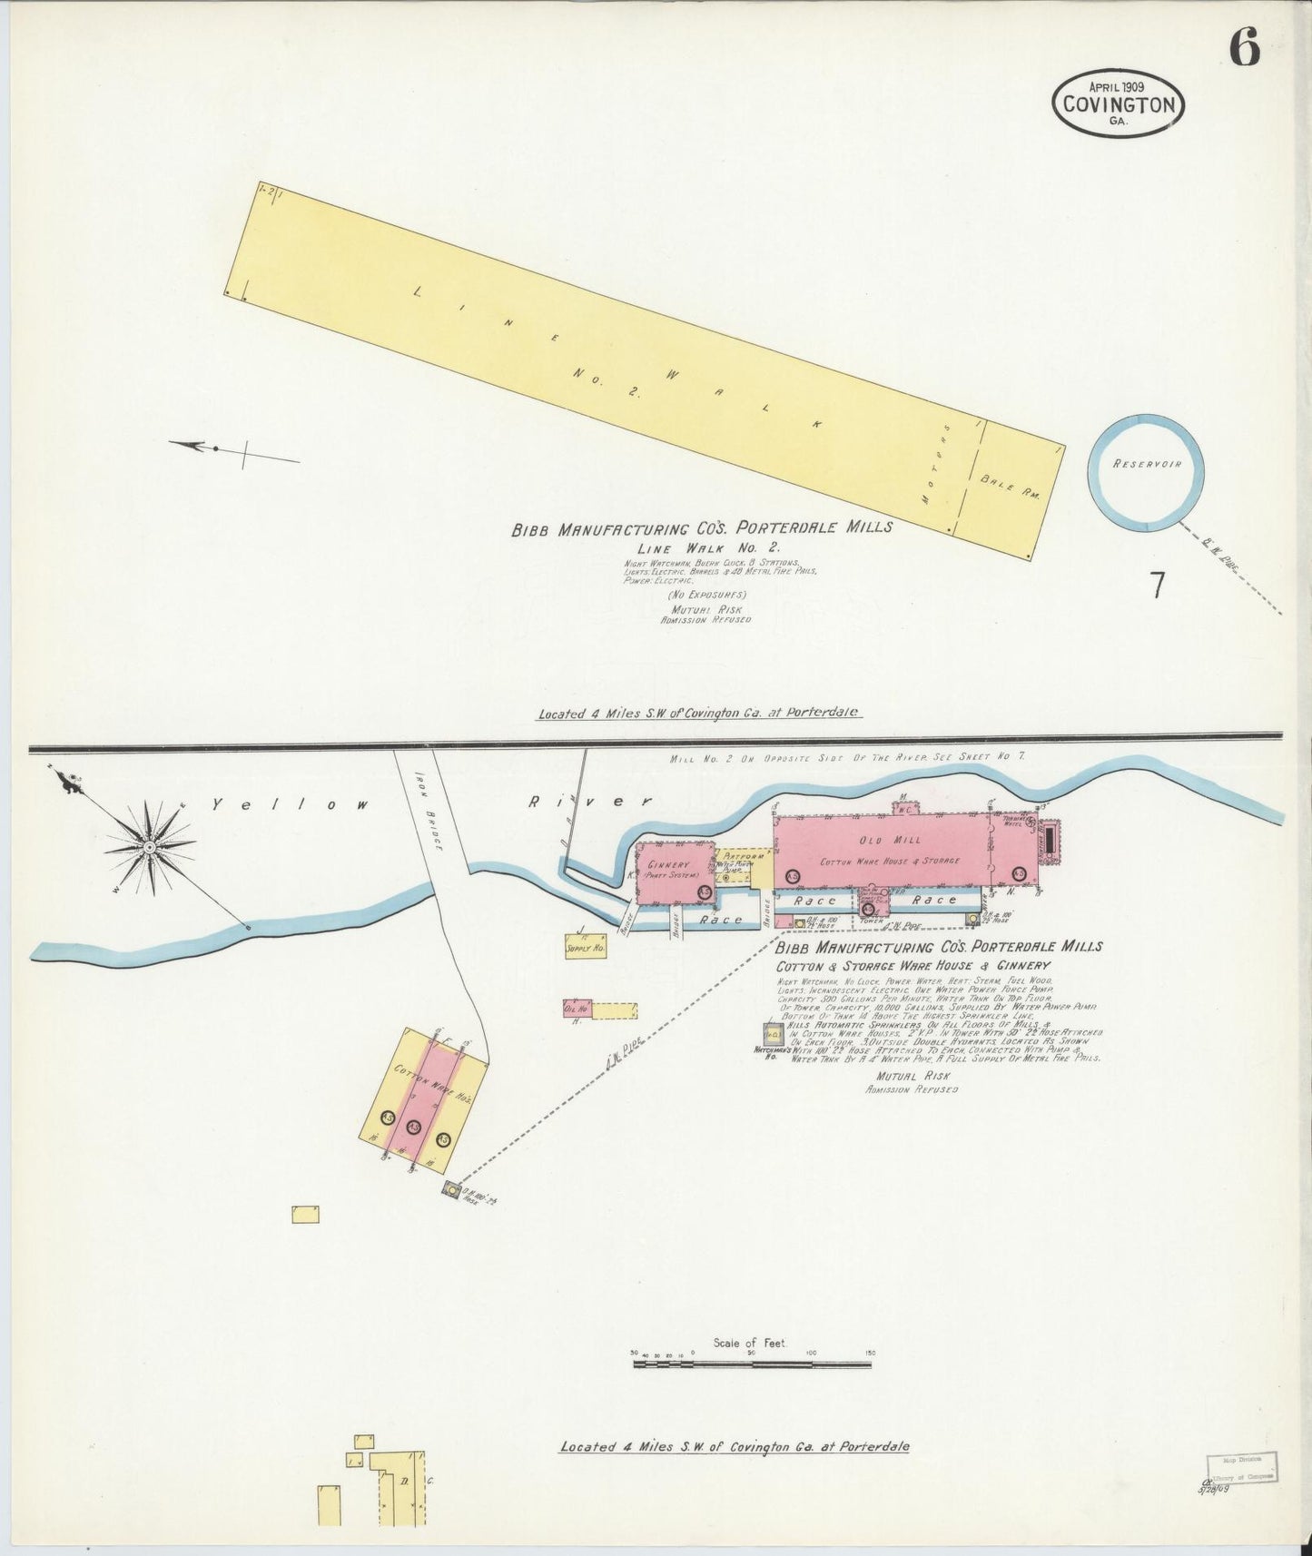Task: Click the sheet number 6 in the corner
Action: click(x=1244, y=48)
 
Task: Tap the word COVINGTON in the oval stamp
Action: click(x=1119, y=104)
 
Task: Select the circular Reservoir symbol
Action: click(x=1146, y=472)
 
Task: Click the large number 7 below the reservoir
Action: click(x=1158, y=586)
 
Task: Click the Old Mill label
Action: click(x=889, y=842)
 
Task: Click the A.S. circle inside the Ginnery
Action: click(x=704, y=893)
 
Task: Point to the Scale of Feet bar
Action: click(x=752, y=1364)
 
